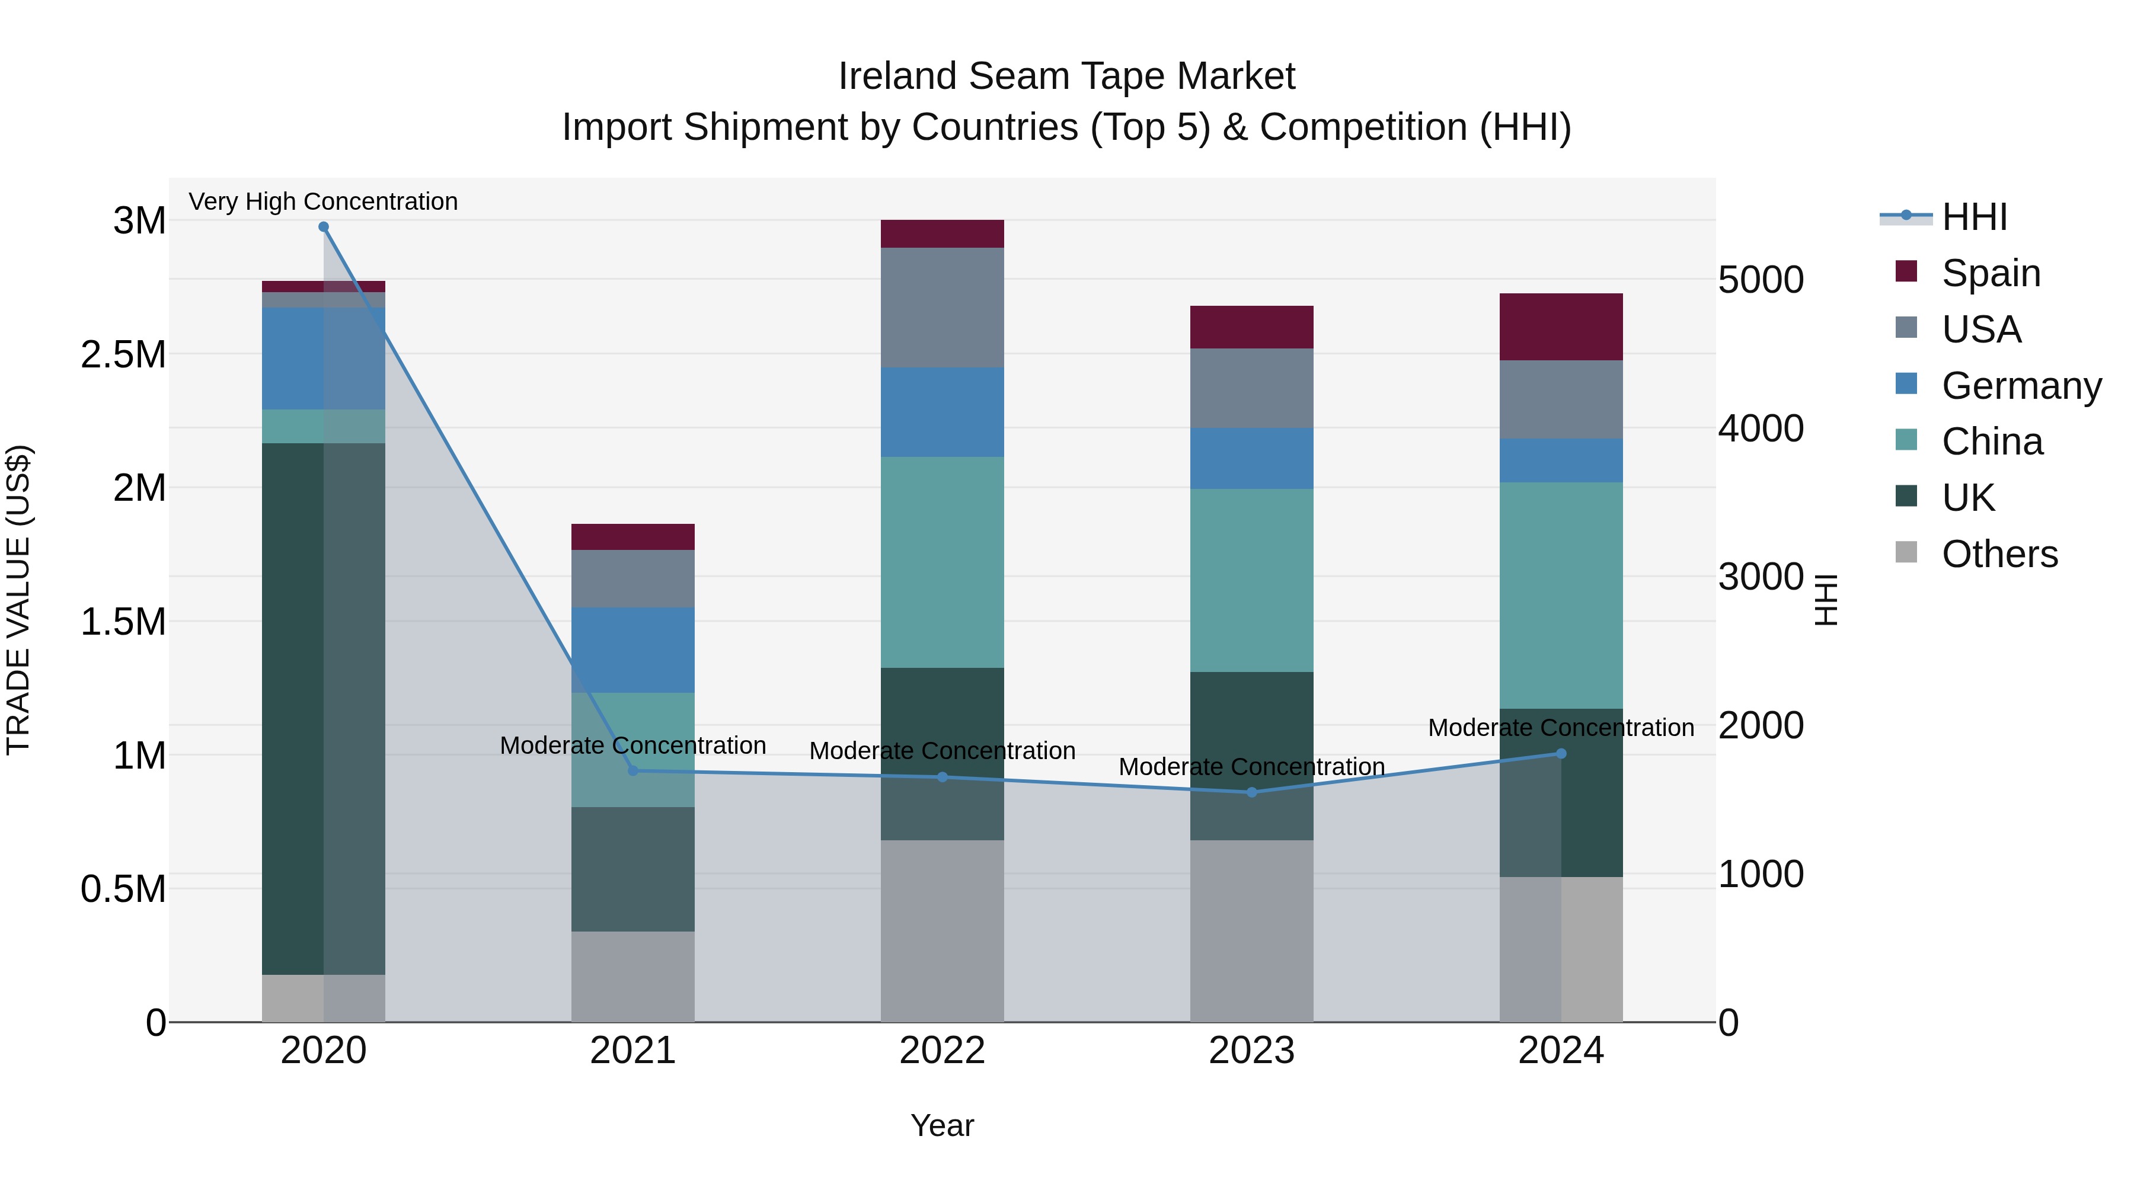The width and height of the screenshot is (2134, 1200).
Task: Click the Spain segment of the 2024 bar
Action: click(x=1561, y=327)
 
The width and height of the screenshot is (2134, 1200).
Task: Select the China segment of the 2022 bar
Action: click(x=942, y=562)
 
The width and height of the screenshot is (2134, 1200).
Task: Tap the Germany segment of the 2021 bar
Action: click(x=633, y=650)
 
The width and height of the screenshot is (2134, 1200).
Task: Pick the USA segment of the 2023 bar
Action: click(x=1252, y=388)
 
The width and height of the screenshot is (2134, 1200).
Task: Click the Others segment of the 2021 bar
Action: click(x=633, y=977)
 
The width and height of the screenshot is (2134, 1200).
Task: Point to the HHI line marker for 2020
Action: click(x=324, y=227)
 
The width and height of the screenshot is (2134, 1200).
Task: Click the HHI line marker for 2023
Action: click(x=1252, y=792)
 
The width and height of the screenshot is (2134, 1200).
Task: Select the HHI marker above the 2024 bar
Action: click(x=1561, y=754)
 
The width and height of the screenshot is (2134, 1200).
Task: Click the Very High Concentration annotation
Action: click(x=323, y=201)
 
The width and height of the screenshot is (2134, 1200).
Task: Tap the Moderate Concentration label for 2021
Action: click(x=633, y=745)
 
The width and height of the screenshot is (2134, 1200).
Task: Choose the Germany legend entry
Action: click(x=2021, y=386)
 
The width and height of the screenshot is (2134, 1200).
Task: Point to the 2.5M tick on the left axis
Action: click(x=123, y=354)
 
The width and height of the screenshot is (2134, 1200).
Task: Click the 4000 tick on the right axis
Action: click(x=1761, y=428)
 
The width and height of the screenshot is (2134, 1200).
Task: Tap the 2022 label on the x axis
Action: click(x=942, y=1050)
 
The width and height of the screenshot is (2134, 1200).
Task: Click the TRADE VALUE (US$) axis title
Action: click(x=18, y=600)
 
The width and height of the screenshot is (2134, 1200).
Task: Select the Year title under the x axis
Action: click(x=942, y=1125)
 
